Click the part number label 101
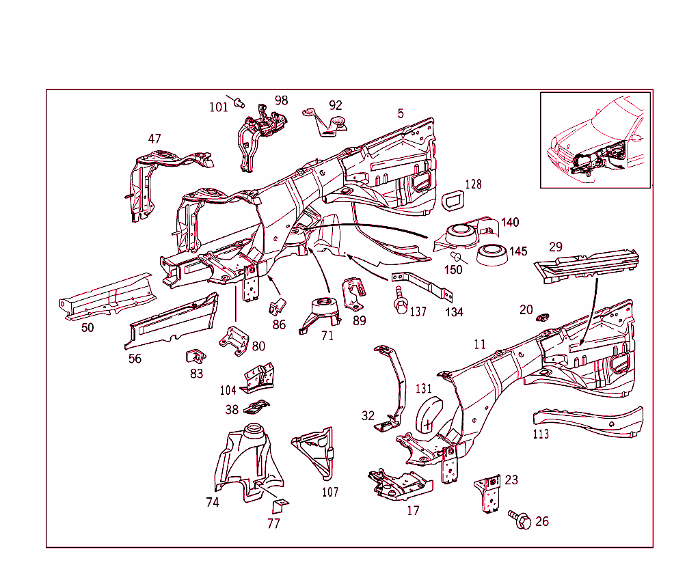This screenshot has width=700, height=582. [x=219, y=107]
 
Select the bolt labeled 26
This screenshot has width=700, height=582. [x=521, y=521]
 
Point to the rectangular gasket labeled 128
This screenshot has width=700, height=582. [x=453, y=203]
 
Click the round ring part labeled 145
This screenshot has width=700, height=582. [x=492, y=255]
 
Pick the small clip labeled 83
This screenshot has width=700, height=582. [x=195, y=356]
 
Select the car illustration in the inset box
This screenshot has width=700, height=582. [x=595, y=140]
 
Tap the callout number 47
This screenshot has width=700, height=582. [x=155, y=139]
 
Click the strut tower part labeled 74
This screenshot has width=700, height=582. [x=246, y=461]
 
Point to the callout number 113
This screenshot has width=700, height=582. [x=541, y=434]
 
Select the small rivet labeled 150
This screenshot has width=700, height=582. [x=456, y=257]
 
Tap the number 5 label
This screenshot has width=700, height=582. [x=401, y=113]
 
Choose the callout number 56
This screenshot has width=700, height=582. [x=135, y=359]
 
